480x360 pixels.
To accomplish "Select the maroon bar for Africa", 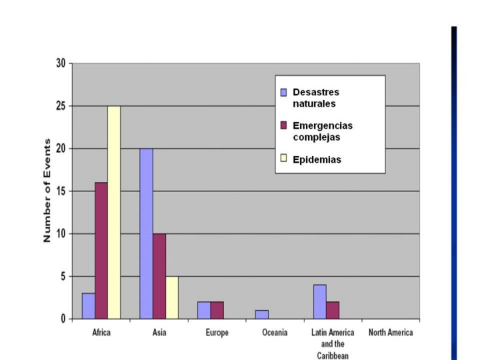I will (x=101, y=251).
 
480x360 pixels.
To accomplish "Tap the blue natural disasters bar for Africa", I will (x=88, y=306).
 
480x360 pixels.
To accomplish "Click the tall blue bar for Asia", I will (x=146, y=233).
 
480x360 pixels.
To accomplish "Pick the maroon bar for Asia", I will (x=159, y=276).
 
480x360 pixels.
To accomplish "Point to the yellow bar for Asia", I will (x=172, y=297).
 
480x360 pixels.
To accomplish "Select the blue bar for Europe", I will (x=204, y=310).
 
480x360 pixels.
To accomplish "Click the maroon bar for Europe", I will (x=217, y=310).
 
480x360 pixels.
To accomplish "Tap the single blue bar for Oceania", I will (x=262, y=315).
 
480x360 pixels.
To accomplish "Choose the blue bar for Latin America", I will (x=319, y=301).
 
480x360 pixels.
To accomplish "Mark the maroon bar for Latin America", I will (x=332, y=310).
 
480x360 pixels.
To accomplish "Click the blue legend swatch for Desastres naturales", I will (x=283, y=92).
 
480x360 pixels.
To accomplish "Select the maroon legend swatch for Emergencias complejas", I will (x=283, y=125).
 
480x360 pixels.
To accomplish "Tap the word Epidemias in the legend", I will (x=317, y=159).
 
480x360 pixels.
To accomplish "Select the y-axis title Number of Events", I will (x=47, y=191).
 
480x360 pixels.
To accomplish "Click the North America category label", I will (x=391, y=333).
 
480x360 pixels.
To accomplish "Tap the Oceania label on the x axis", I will (x=275, y=333).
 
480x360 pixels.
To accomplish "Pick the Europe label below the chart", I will (x=217, y=333).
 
